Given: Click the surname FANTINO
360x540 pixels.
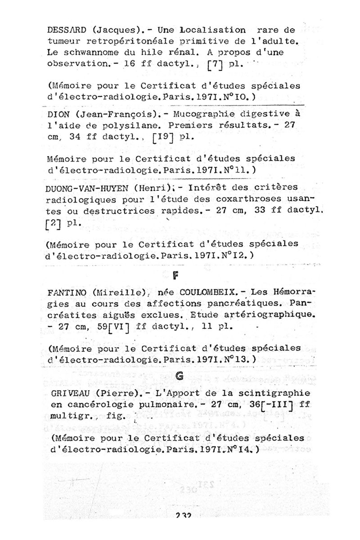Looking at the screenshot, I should point(67,292).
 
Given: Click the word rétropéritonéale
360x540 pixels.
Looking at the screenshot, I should point(118,41).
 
